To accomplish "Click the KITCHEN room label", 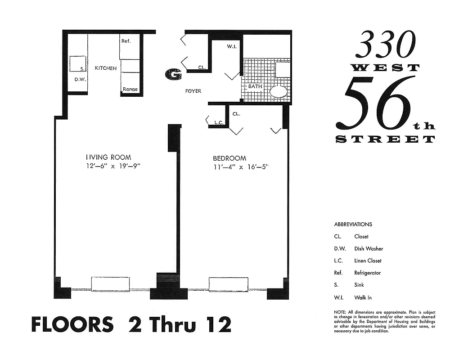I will pyautogui.click(x=106, y=68).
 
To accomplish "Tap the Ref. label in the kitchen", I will pyautogui.click(x=126, y=41).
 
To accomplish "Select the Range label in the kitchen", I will pyautogui.click(x=130, y=89).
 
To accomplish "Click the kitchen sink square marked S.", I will pyautogui.click(x=77, y=63).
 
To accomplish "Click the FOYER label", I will pyautogui.click(x=193, y=91).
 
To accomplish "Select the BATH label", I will pyautogui.click(x=254, y=85).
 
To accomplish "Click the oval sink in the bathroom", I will pyautogui.click(x=279, y=92).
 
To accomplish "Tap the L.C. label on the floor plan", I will pyautogui.click(x=219, y=122).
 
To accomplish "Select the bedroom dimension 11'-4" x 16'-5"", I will pyautogui.click(x=243, y=167).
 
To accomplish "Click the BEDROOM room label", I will pyautogui.click(x=229, y=158).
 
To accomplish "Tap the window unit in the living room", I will pyautogui.click(x=110, y=283).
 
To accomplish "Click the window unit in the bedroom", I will pyautogui.click(x=228, y=283).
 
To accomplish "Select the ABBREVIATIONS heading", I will pyautogui.click(x=353, y=224).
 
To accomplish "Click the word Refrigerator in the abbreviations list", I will pyautogui.click(x=367, y=273).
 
